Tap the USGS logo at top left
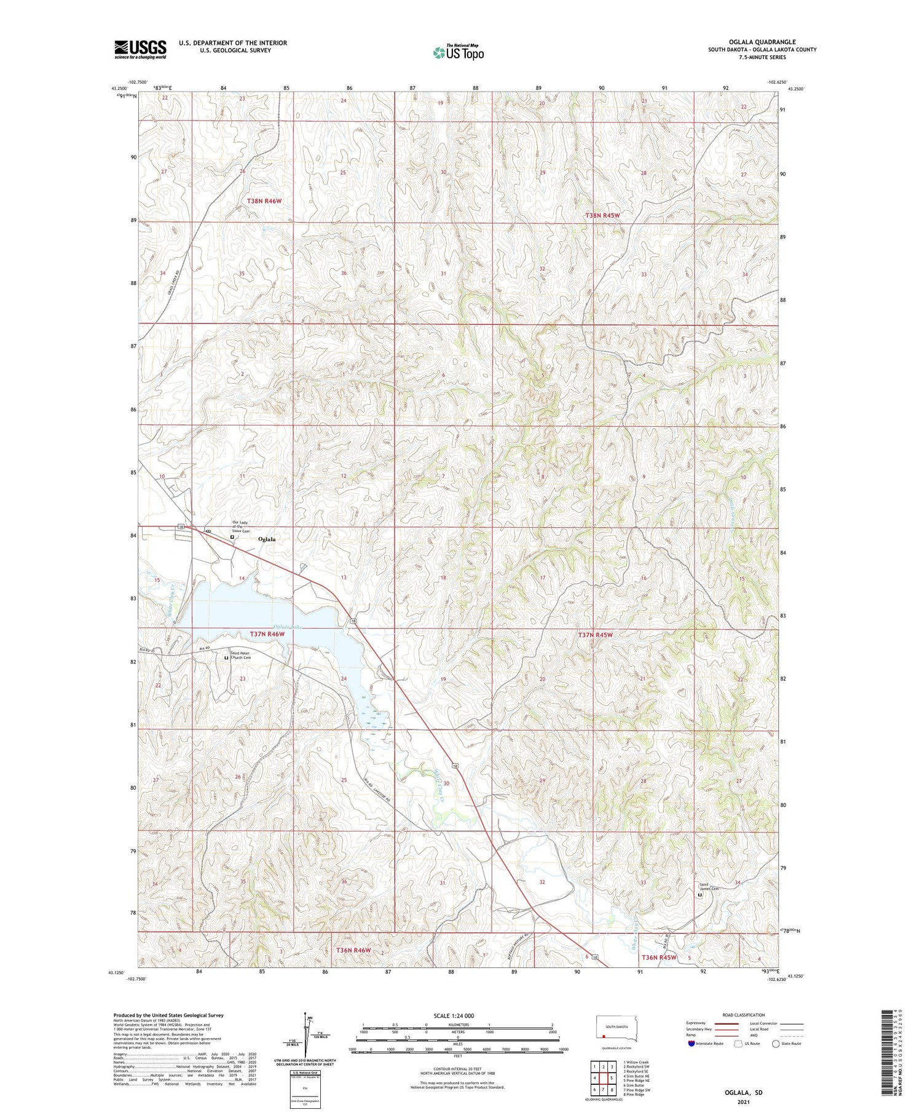[140, 49]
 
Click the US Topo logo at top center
[459, 52]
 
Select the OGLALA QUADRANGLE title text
[762, 42]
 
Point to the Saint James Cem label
[709, 887]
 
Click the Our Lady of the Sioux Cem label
[241, 527]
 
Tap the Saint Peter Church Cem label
[240, 656]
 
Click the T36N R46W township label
[353, 950]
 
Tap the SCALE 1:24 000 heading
[454, 1015]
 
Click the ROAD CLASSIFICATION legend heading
[744, 1015]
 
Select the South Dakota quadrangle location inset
[618, 1030]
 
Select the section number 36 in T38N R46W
[344, 273]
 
